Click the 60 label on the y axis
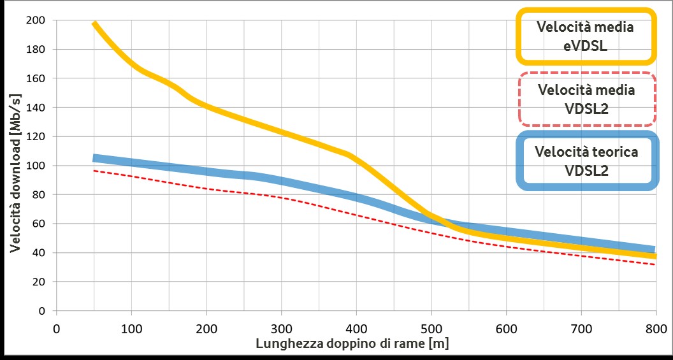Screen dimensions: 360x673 tap(40, 224)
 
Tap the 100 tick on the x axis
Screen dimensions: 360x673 tap(131, 329)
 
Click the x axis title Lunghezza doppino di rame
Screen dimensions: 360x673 tap(353, 343)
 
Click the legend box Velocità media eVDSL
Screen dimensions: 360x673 tap(586, 36)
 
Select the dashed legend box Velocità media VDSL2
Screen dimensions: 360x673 tap(586, 99)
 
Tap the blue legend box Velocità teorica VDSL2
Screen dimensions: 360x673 tap(586, 161)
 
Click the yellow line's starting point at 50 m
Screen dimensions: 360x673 tap(94, 24)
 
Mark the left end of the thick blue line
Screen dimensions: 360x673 tap(94, 158)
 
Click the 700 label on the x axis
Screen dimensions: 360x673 tap(581, 329)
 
